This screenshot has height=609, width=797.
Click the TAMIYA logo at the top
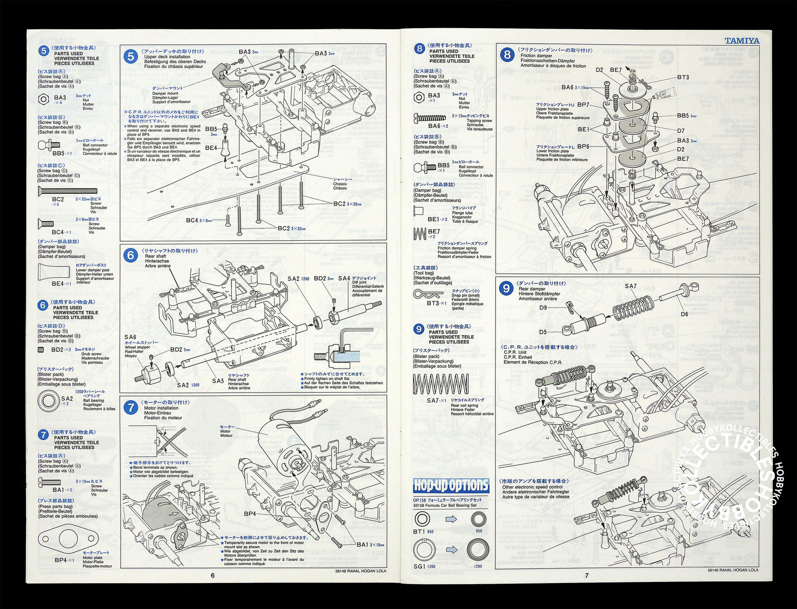741,40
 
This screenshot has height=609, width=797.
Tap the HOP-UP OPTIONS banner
451,485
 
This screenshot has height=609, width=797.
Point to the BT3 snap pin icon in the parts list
428,293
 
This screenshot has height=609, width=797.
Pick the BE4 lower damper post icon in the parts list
54,272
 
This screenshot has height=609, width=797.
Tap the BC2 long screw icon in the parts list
67,191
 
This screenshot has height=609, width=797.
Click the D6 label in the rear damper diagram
684,314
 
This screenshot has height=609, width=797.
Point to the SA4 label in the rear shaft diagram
344,278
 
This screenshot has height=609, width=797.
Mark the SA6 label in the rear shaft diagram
130,337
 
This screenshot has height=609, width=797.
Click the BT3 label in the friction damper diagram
683,77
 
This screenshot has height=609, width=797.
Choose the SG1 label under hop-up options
419,566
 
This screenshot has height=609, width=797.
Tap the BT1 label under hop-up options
419,531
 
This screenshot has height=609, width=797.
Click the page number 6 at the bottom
212,575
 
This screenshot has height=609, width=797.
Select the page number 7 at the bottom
587,575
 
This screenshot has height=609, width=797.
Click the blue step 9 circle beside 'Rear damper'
505,288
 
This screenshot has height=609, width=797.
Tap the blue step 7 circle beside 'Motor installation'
131,407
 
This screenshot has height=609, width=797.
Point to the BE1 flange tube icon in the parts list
419,210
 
